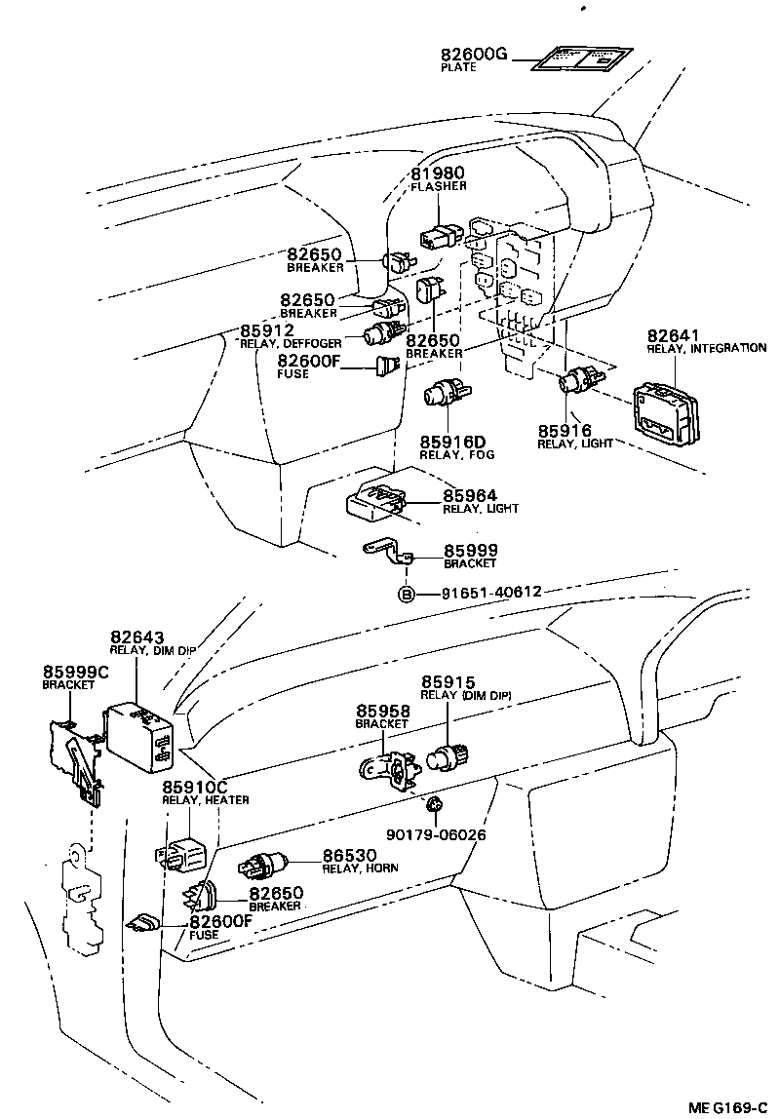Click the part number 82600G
tap(475, 56)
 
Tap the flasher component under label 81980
tap(440, 237)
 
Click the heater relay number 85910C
tap(194, 787)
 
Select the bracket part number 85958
tap(383, 713)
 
